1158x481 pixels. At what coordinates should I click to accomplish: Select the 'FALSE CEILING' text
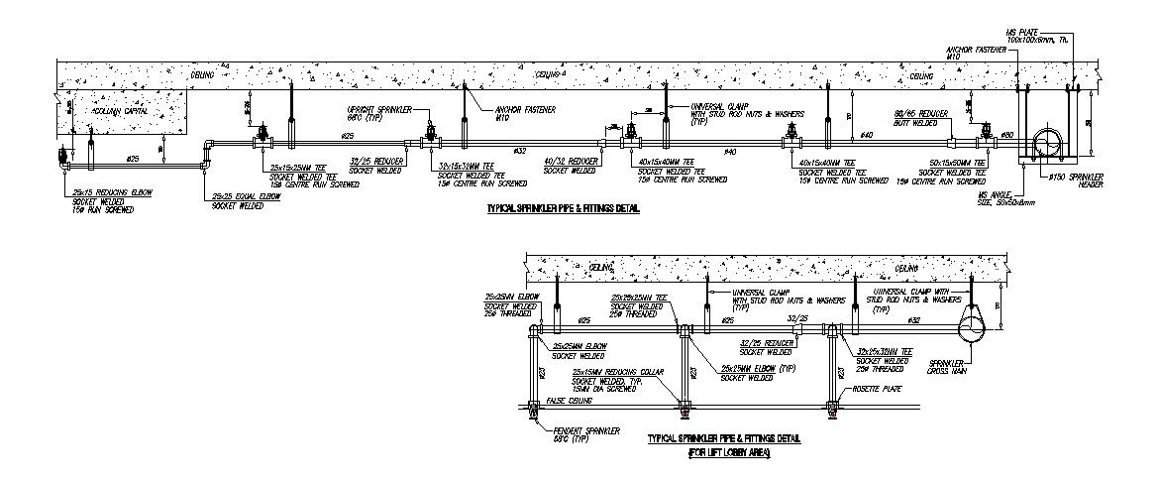tap(566, 402)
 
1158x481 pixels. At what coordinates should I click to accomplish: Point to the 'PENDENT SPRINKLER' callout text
tap(586, 430)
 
